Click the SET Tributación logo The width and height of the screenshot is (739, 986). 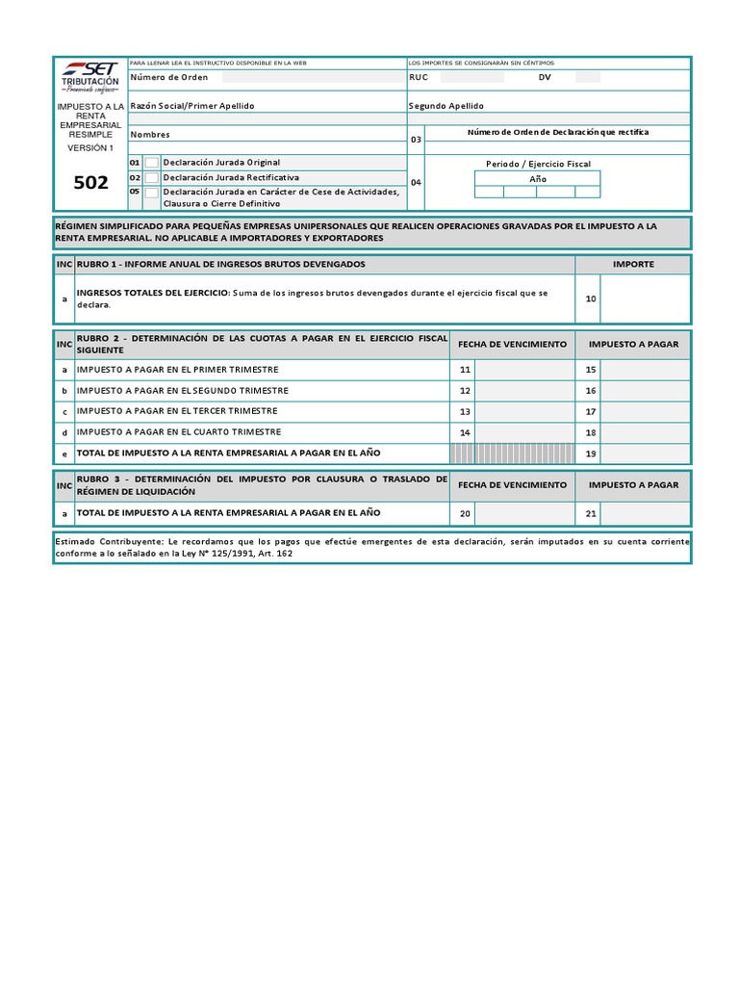point(90,75)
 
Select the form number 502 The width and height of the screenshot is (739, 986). point(90,183)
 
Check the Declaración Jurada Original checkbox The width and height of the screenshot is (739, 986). point(152,163)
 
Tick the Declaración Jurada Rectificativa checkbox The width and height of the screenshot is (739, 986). point(152,178)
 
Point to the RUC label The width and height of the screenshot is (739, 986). point(419,77)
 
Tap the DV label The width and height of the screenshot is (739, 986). point(545,77)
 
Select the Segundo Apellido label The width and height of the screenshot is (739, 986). point(446,106)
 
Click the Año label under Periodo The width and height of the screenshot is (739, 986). point(538,179)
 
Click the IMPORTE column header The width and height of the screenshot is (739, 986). point(633,264)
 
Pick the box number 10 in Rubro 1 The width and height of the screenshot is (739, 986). point(591,298)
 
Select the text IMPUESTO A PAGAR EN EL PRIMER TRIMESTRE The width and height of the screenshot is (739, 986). point(178,370)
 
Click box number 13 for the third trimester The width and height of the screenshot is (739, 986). point(465,411)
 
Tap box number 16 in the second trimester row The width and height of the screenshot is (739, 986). point(591,391)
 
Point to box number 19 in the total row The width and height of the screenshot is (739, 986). point(591,454)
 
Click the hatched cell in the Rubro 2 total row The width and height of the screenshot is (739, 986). point(512,454)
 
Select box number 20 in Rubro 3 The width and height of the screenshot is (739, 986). point(465,514)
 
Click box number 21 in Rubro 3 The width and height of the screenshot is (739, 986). point(591,514)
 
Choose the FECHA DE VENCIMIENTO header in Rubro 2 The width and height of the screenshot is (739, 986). point(512,344)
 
